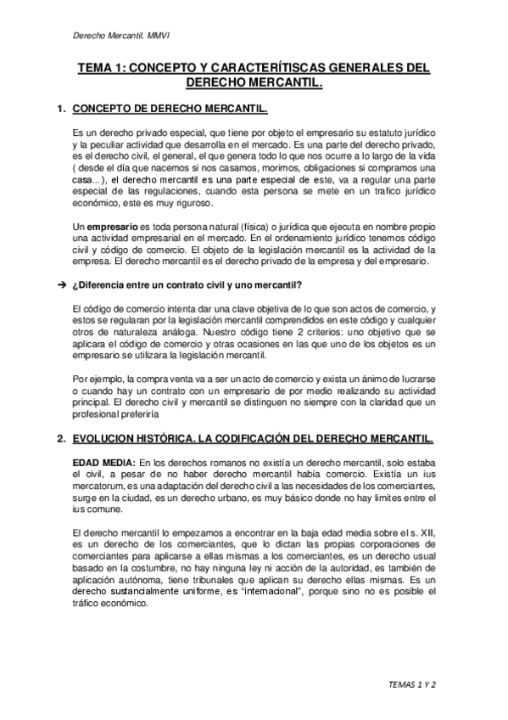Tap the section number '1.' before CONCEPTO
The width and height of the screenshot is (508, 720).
coord(60,110)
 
